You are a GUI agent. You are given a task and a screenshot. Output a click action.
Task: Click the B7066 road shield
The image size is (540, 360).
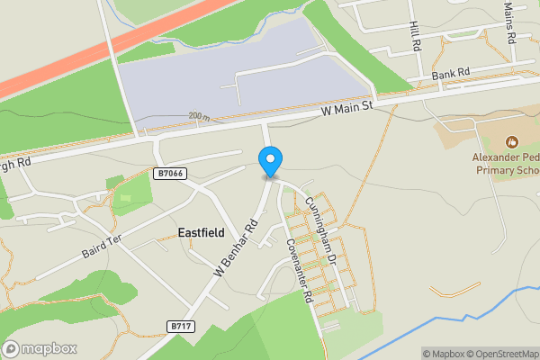169,174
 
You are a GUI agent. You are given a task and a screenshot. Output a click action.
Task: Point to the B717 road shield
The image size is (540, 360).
181,327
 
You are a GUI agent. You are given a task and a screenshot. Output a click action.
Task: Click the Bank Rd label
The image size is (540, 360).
451,73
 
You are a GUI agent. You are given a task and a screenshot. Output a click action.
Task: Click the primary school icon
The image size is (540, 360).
511,141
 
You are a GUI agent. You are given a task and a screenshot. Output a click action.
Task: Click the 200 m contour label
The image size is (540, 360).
199,117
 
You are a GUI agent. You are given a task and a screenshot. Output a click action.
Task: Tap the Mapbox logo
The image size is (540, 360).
40,348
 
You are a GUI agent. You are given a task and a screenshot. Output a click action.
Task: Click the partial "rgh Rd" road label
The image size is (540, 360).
15,165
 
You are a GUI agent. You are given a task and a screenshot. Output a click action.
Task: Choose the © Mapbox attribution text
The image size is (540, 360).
440,353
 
